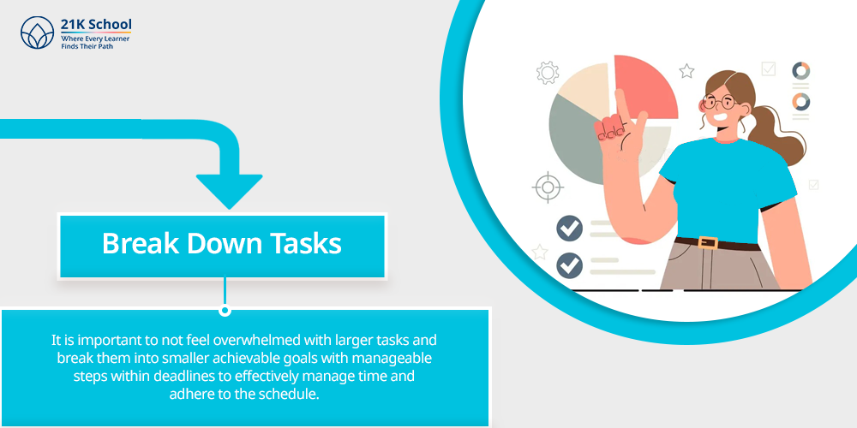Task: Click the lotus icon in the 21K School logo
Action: pos(37,33)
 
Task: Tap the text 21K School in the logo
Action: pos(96,25)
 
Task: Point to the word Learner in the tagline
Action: pos(116,39)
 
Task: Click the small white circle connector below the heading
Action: pos(225,311)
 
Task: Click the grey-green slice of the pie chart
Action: pos(577,142)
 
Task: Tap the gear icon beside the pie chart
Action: pos(547,73)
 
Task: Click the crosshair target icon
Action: pos(547,187)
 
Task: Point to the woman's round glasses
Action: pos(719,102)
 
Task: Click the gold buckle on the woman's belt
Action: pos(709,242)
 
